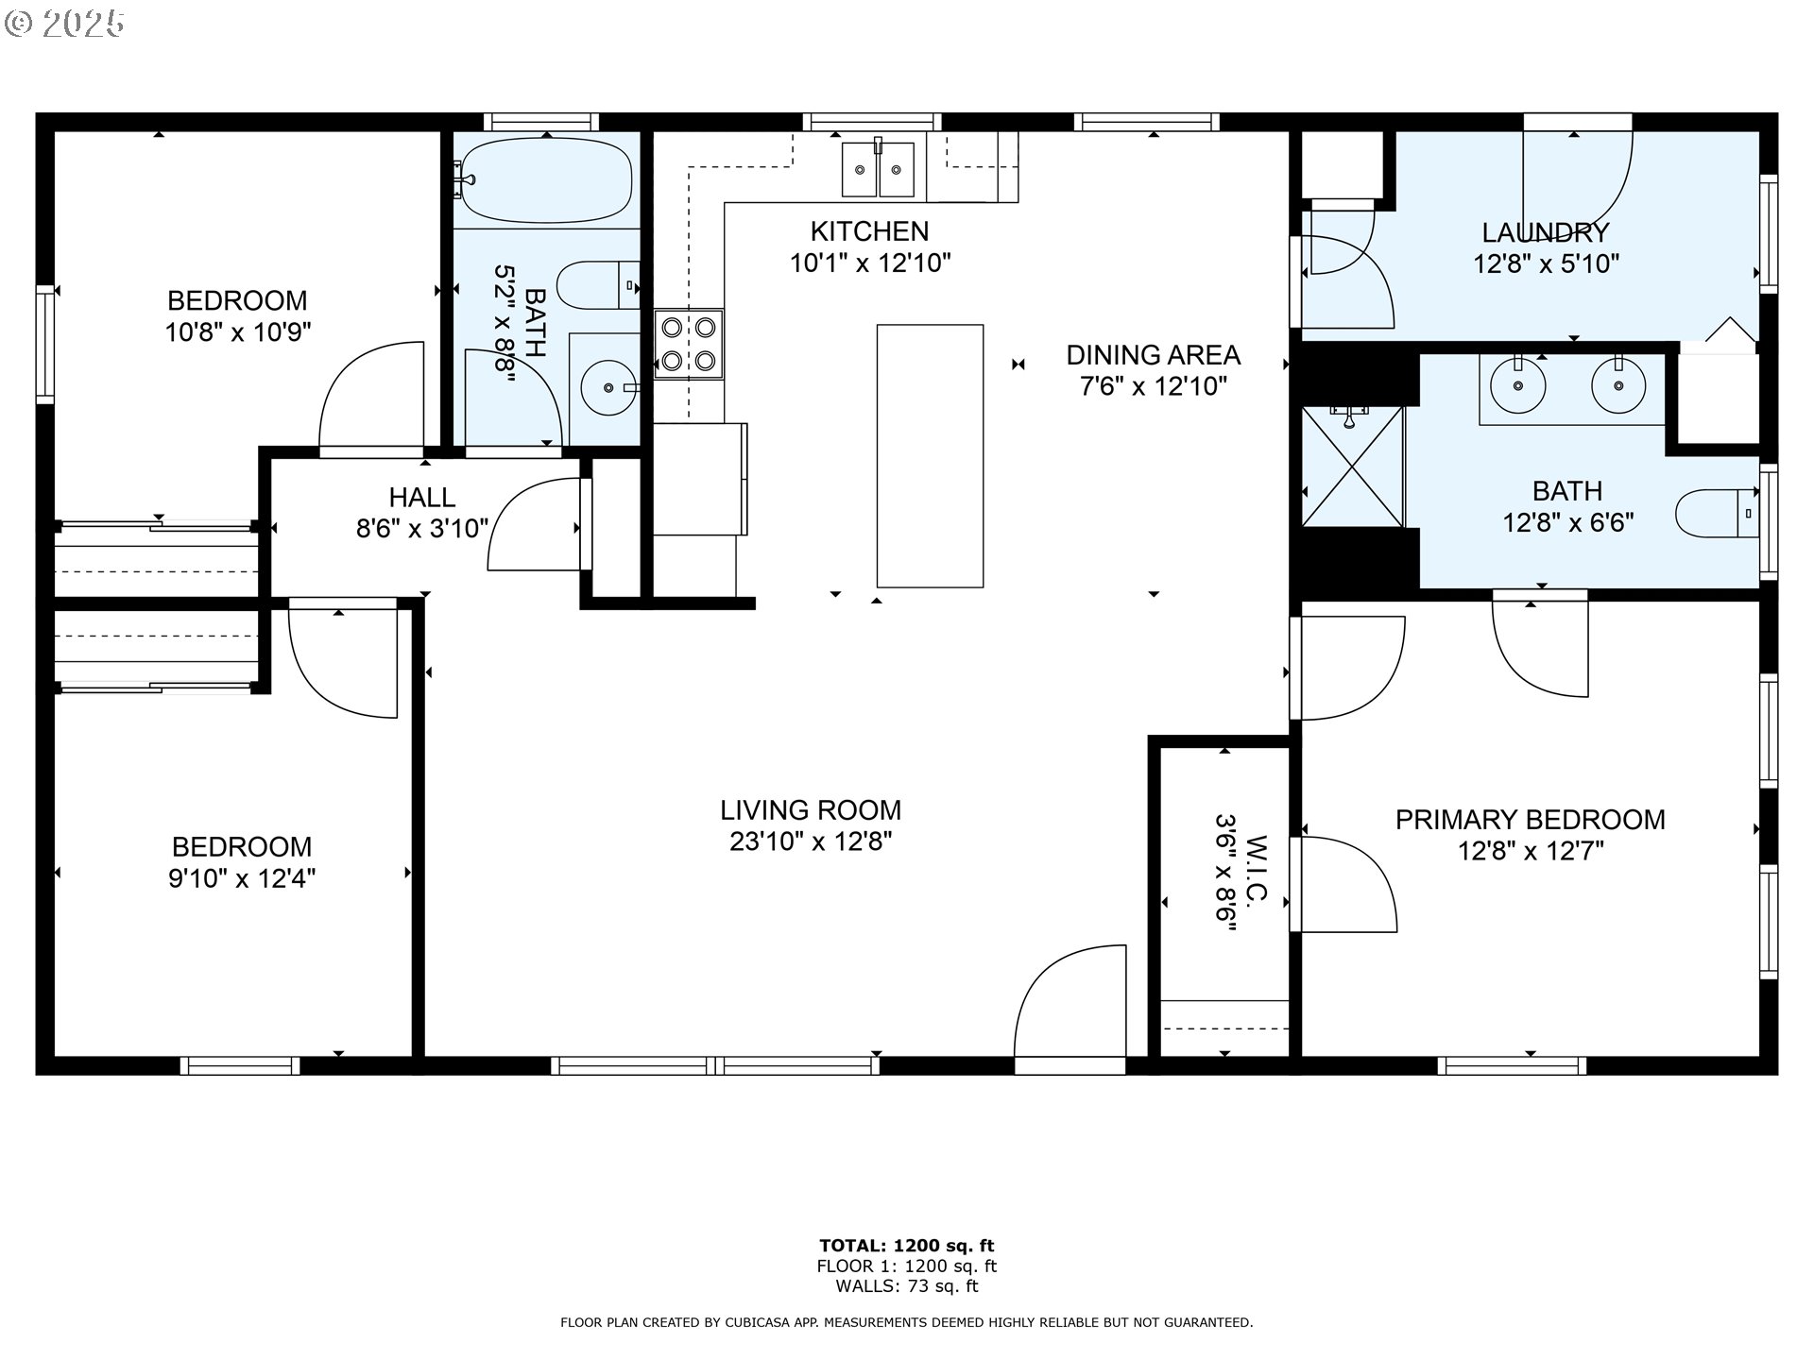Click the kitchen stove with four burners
[x=689, y=344]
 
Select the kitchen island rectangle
[x=930, y=456]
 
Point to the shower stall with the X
[x=1352, y=467]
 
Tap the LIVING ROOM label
[x=811, y=810]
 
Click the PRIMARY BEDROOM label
[x=1530, y=820]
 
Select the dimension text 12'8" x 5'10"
[x=1546, y=263]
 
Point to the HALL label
[x=421, y=497]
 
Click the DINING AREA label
[x=1153, y=355]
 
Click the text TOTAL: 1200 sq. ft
[x=906, y=1246]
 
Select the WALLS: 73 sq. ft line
[x=906, y=1286]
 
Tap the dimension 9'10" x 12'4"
[x=242, y=879]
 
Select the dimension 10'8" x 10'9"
[x=238, y=332]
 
